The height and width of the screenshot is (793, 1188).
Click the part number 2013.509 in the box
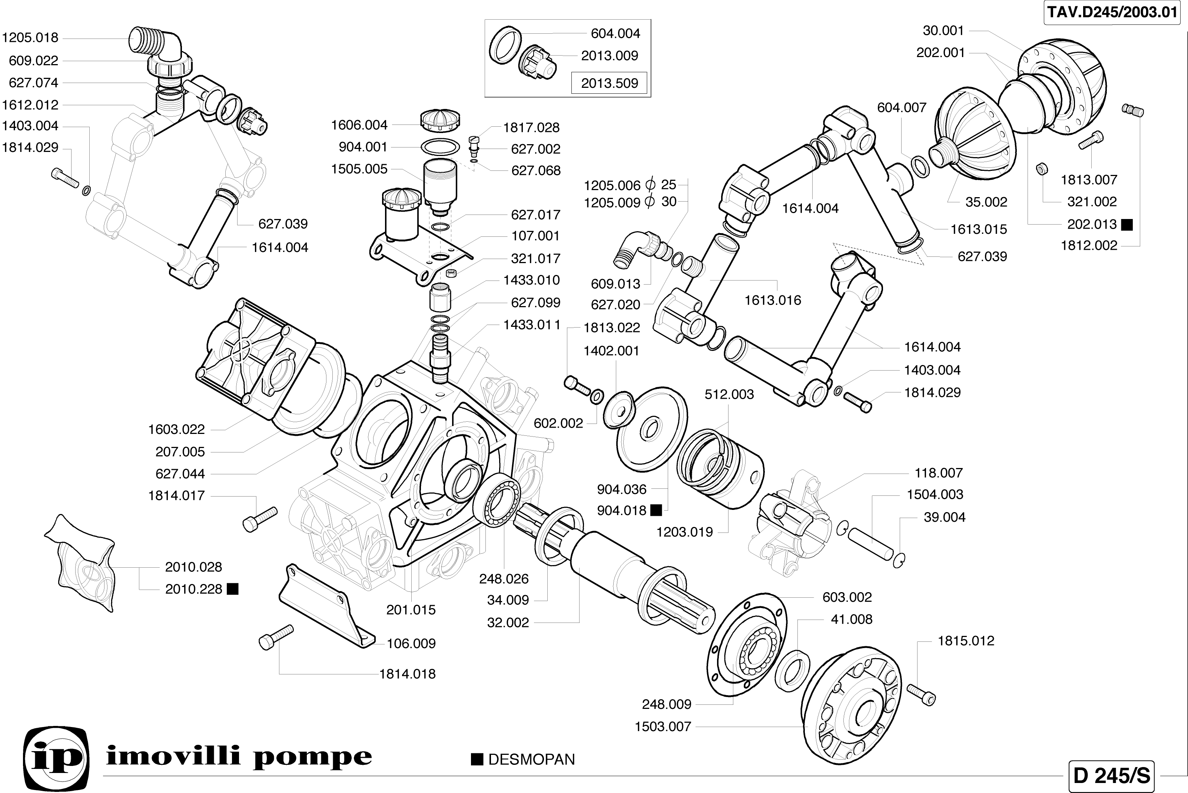tap(610, 83)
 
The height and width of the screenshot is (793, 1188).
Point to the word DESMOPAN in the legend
tap(531, 760)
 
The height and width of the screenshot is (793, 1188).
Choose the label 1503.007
tap(663, 727)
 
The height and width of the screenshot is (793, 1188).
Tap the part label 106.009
tap(411, 643)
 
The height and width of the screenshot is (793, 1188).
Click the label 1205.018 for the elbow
tap(30, 38)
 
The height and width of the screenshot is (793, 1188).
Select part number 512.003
tap(729, 395)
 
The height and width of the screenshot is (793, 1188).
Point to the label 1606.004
tap(359, 125)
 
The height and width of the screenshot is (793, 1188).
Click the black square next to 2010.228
tap(233, 589)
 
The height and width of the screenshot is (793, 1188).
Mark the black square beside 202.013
tap(1127, 225)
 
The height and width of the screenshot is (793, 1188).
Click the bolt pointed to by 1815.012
tap(921, 694)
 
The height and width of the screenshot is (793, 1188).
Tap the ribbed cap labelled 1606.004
tap(440, 120)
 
